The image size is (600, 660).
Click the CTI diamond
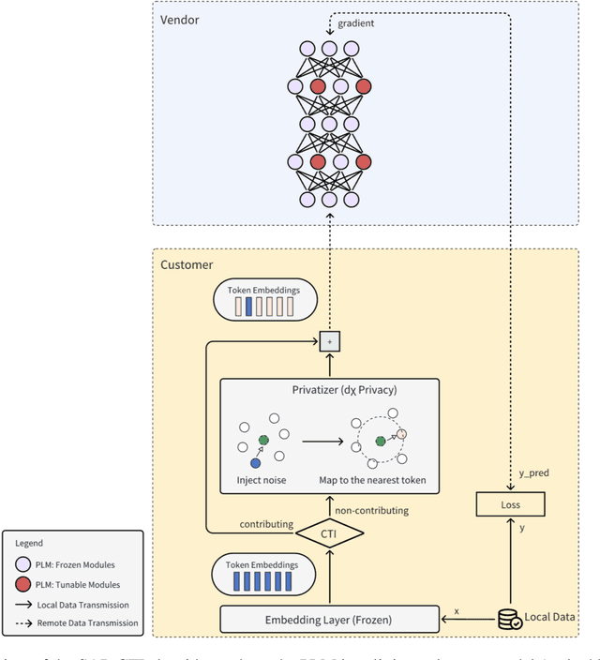click(329, 534)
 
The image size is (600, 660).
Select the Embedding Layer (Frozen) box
click(329, 619)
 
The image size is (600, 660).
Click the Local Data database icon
click(509, 619)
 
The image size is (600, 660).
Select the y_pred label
click(533, 473)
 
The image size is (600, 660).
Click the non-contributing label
click(370, 511)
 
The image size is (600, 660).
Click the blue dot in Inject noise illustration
click(255, 463)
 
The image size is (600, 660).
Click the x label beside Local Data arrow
click(456, 610)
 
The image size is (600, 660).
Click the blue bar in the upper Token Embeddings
click(248, 307)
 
